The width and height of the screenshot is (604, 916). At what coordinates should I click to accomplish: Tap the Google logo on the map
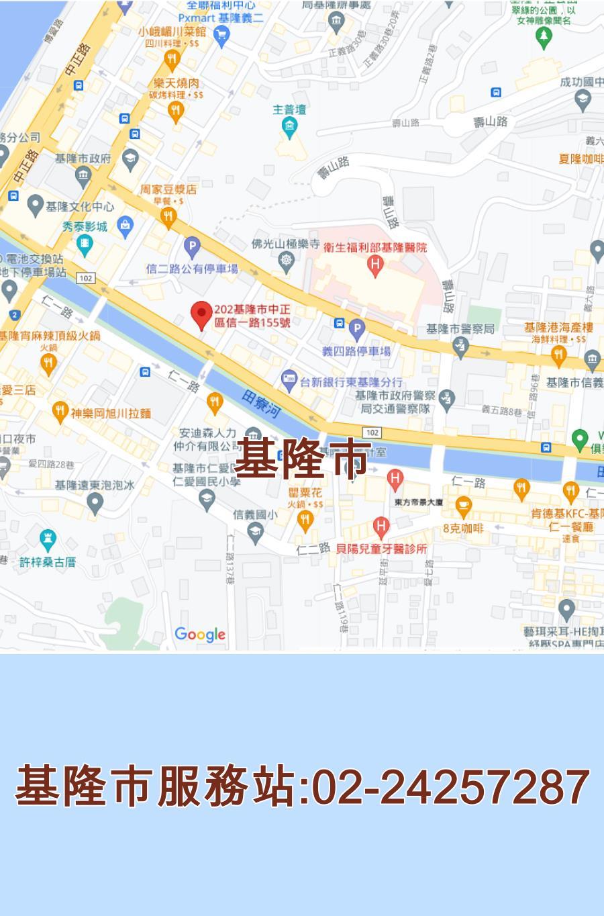point(200,634)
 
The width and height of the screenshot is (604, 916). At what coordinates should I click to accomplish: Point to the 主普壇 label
point(290,109)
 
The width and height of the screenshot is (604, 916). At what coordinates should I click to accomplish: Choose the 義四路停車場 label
point(356,351)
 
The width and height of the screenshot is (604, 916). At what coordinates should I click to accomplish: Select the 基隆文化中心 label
point(79,206)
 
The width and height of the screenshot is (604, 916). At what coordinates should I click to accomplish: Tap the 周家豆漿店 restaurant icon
point(168,216)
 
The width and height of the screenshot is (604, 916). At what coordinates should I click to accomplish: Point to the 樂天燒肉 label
point(176,83)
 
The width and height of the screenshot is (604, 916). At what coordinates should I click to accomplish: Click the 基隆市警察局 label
point(460,329)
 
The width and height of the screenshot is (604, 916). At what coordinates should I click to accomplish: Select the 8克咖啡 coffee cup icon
point(463,504)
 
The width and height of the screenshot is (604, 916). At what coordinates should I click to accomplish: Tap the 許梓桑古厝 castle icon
point(47,539)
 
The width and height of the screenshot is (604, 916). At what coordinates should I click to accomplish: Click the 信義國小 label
point(254,515)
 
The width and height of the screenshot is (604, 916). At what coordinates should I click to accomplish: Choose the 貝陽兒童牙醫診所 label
point(381,549)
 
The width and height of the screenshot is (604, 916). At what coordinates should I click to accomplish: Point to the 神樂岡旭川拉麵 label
point(111,413)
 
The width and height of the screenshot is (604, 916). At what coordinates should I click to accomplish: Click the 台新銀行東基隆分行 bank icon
point(289,379)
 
